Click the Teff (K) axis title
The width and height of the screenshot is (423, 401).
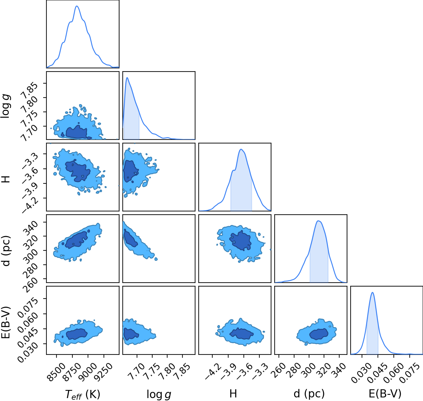(x=83, y=394)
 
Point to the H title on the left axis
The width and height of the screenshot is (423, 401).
(x=6, y=179)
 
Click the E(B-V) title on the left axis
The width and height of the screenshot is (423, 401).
(x=6, y=322)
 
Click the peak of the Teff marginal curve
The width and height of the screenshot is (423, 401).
(x=77, y=6)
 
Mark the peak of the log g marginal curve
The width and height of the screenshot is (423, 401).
(x=127, y=77)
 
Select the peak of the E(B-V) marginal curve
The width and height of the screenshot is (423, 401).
(x=372, y=293)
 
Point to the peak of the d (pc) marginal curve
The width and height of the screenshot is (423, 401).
(x=319, y=221)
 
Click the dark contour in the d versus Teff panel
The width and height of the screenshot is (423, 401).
(x=76, y=240)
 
